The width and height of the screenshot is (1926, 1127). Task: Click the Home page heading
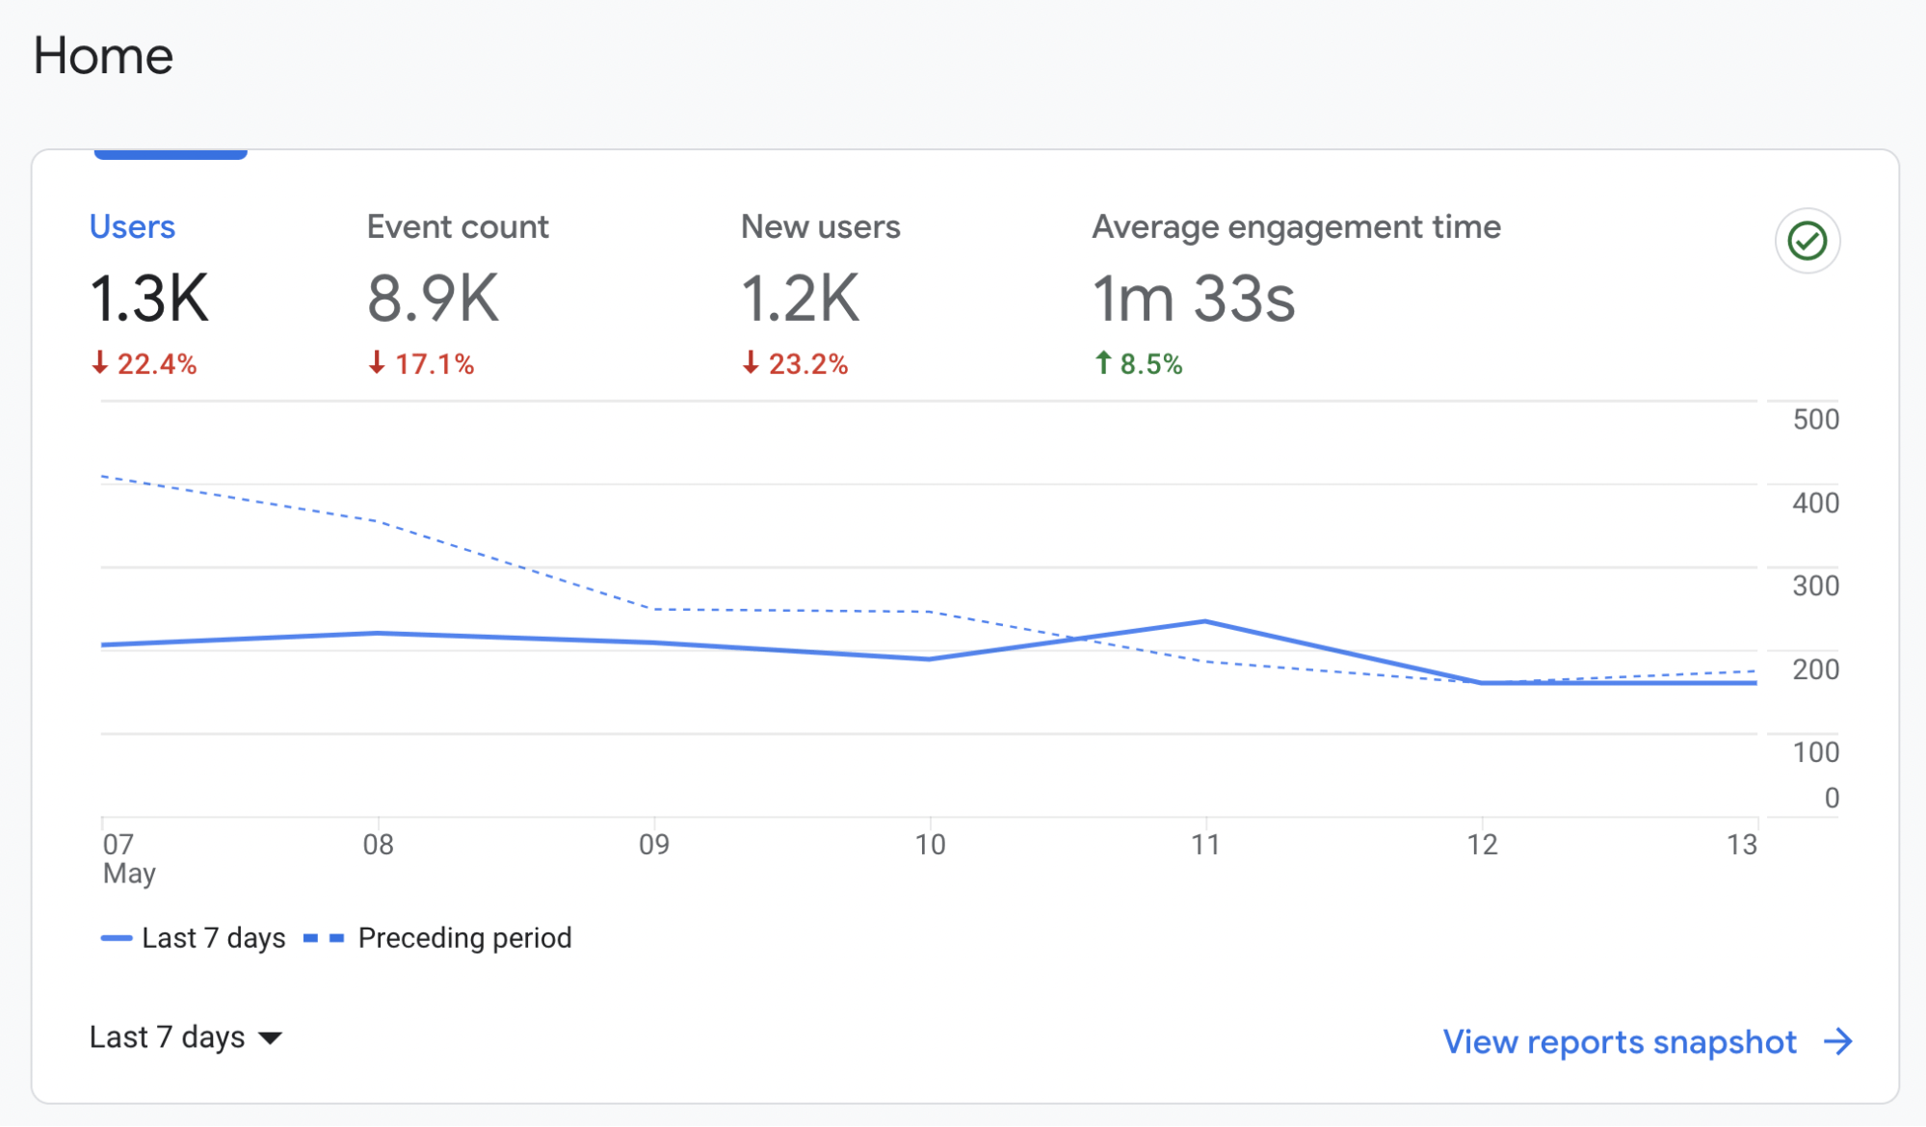click(x=103, y=56)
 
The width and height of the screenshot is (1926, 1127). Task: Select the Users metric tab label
click(x=132, y=226)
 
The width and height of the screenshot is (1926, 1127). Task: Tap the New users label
click(x=820, y=226)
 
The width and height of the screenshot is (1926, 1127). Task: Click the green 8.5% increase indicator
click(x=1139, y=363)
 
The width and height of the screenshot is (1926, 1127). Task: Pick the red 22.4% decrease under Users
click(x=145, y=363)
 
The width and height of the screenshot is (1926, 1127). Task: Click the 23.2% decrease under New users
click(x=796, y=363)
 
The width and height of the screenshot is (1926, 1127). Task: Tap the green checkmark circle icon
click(x=1807, y=241)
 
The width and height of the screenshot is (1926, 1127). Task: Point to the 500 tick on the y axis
click(x=1815, y=419)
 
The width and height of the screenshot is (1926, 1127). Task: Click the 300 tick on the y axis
click(x=1815, y=586)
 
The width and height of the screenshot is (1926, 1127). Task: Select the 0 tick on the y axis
click(x=1831, y=798)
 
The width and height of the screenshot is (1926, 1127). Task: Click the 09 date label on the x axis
click(x=654, y=845)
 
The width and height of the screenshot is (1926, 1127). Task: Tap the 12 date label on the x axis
click(x=1482, y=845)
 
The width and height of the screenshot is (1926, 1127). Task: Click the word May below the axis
click(x=129, y=874)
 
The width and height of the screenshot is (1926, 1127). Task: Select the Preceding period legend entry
click(x=463, y=937)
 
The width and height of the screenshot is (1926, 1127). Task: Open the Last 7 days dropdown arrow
click(x=271, y=1037)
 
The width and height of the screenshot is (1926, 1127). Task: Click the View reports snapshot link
click(x=1620, y=1041)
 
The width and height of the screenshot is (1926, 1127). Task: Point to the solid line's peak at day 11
click(x=1205, y=621)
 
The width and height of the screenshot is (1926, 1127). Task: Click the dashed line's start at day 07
click(x=103, y=476)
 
